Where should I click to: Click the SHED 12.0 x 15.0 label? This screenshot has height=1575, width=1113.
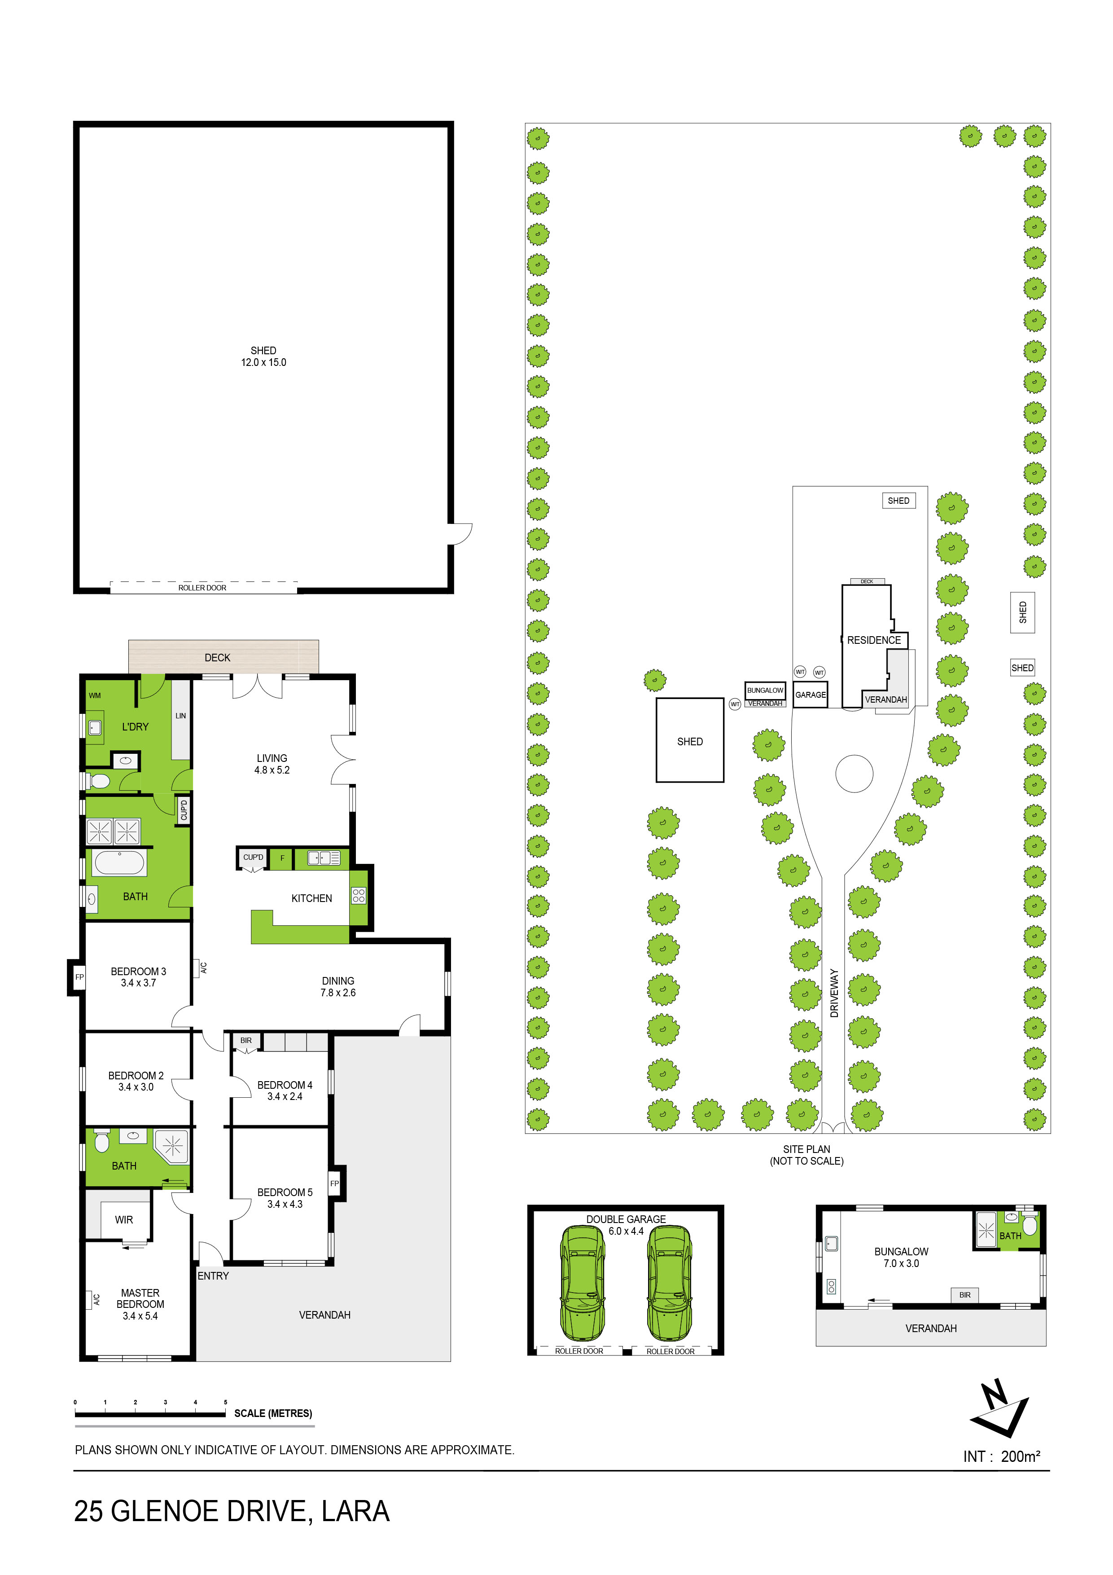click(x=263, y=356)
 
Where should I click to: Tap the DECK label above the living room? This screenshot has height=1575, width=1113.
click(x=217, y=657)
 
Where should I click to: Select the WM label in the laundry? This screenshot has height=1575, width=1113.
click(x=95, y=695)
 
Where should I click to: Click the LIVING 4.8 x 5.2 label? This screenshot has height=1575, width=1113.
click(x=272, y=764)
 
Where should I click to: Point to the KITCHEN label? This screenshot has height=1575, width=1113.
click(x=311, y=898)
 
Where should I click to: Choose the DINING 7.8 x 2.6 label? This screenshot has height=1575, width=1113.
click(x=338, y=986)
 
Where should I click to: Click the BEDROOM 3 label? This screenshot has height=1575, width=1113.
click(x=139, y=971)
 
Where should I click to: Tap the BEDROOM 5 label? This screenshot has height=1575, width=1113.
click(x=285, y=1192)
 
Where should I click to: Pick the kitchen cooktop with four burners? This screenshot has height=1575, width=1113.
click(x=359, y=895)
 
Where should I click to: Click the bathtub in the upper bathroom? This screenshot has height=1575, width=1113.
click(x=119, y=863)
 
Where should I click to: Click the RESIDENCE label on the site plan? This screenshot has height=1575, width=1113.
click(x=874, y=640)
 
